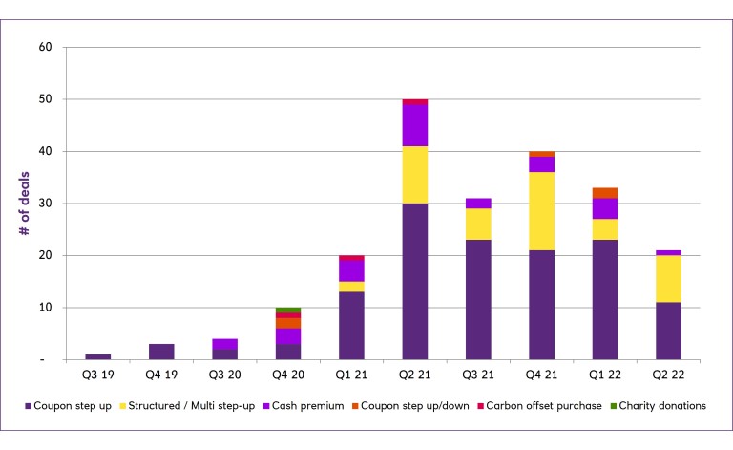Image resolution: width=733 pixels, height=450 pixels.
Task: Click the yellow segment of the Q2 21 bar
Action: click(x=414, y=175)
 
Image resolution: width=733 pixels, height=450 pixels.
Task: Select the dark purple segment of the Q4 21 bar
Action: click(x=542, y=305)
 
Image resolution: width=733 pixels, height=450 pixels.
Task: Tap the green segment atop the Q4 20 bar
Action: click(x=288, y=310)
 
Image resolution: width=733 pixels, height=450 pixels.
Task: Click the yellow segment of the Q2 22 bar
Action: click(x=669, y=279)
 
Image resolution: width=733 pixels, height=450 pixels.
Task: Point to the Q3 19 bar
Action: click(x=97, y=356)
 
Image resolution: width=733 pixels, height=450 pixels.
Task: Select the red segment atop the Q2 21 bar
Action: click(x=414, y=101)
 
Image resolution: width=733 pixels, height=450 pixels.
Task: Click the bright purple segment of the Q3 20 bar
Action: click(x=224, y=344)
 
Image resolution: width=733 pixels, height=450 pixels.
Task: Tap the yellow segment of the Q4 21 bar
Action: click(x=542, y=211)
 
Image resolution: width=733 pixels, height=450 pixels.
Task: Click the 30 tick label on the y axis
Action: click(x=45, y=204)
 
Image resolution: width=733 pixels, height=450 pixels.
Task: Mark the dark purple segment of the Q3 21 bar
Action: click(x=478, y=299)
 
